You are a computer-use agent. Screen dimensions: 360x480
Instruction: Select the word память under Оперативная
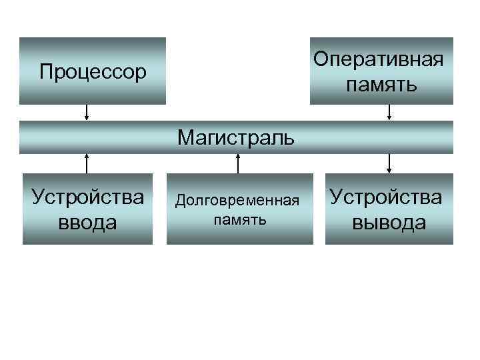click(x=381, y=85)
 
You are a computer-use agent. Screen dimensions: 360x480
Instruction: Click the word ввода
click(x=87, y=222)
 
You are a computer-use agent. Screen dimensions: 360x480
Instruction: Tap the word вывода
click(x=389, y=222)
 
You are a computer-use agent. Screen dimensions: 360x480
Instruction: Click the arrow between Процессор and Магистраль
click(x=87, y=113)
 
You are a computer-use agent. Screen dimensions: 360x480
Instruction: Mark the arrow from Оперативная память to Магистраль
click(x=389, y=113)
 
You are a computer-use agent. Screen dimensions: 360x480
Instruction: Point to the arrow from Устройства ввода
click(x=87, y=163)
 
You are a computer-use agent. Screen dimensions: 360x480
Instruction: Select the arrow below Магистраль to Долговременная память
click(x=238, y=163)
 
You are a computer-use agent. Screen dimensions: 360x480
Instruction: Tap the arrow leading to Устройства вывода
click(x=389, y=163)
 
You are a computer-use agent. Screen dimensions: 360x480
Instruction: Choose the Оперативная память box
click(x=381, y=97)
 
